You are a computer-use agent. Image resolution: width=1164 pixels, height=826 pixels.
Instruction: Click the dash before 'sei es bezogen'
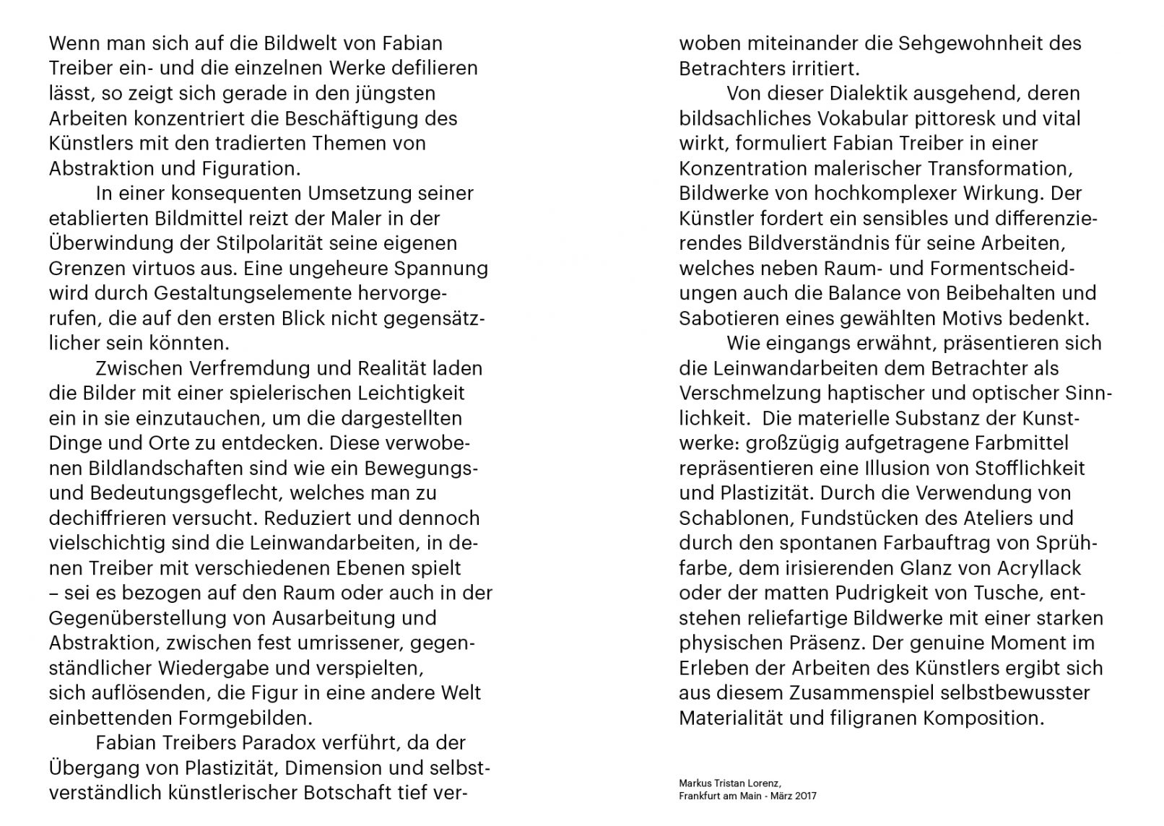54,594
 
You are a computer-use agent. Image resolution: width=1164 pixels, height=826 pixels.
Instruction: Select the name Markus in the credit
694,782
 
